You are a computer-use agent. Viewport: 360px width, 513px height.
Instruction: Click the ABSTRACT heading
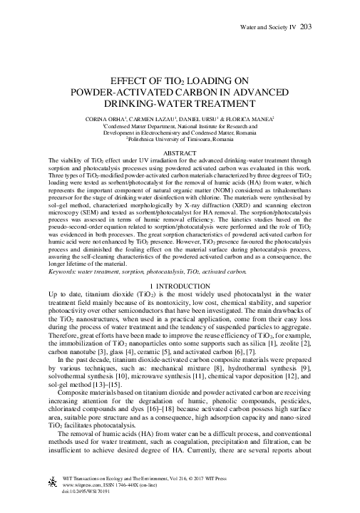[180, 153]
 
